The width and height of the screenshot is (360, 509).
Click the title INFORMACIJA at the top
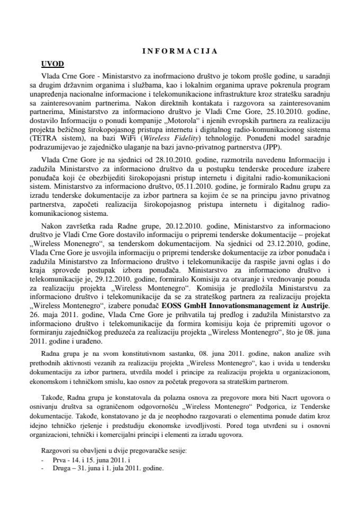[x=180, y=51]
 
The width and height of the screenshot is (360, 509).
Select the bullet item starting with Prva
[x=85, y=461]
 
